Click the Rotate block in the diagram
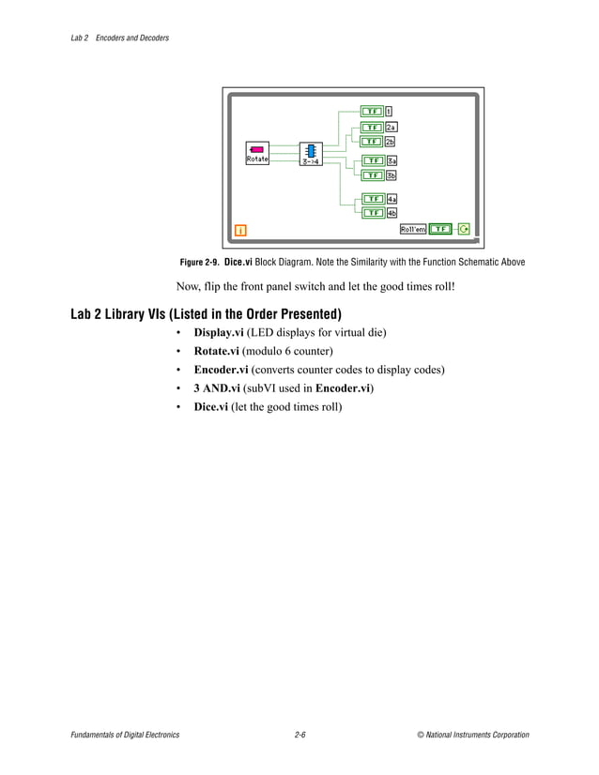tap(257, 153)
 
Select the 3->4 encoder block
tap(311, 154)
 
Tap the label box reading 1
tap(389, 112)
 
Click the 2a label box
tap(392, 127)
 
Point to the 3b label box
tap(392, 175)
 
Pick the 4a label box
tap(392, 199)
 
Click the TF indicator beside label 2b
tap(372, 142)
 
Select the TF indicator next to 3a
tap(372, 160)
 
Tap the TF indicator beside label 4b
tap(372, 213)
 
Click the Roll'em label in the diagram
tap(413, 229)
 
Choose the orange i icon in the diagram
tap(240, 229)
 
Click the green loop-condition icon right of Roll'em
tap(464, 229)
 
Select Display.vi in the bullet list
tap(219, 332)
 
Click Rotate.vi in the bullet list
tap(217, 351)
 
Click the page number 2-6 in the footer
tap(299, 735)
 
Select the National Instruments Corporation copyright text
tap(473, 735)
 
